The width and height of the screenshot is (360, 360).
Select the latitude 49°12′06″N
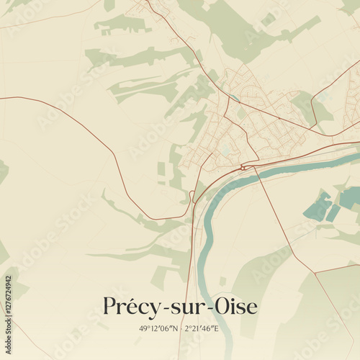tap(158, 328)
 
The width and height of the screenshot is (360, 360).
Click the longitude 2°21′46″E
tap(202, 328)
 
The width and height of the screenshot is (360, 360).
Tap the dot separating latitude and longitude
tap(180, 328)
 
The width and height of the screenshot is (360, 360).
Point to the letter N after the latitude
tap(174, 328)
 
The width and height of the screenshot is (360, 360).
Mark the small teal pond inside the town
tap(235, 98)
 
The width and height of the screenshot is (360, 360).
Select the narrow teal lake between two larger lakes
tap(333, 212)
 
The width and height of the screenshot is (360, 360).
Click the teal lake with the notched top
tap(317, 208)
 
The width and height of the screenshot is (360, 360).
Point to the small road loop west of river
tap(192, 195)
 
